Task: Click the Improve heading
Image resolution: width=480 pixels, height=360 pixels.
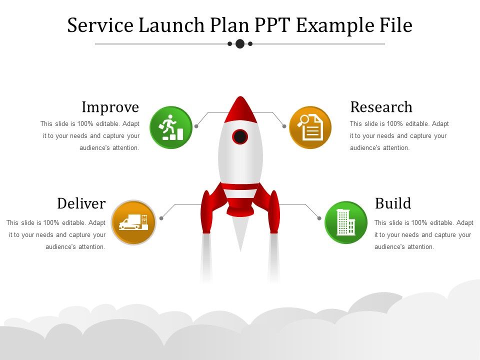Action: (110, 107)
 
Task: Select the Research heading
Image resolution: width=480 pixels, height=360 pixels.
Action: (381, 107)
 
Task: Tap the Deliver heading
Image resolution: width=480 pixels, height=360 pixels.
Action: (81, 203)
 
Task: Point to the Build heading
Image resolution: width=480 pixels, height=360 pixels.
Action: (393, 203)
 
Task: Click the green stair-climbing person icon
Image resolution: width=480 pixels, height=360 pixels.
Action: (171, 127)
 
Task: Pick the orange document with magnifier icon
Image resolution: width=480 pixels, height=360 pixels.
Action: (310, 127)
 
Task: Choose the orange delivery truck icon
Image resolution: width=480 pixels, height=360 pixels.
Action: (133, 222)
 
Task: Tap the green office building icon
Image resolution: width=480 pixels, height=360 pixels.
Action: (346, 222)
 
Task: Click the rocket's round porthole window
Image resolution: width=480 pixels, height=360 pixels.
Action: (240, 136)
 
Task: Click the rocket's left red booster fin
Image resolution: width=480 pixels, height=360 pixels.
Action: (206, 210)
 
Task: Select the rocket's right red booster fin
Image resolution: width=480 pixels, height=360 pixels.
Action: (274, 210)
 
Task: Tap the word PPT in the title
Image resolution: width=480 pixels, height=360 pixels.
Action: (274, 25)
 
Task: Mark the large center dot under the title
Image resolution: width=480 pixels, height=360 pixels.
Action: (240, 43)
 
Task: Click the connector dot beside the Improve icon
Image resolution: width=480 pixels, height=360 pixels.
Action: (196, 126)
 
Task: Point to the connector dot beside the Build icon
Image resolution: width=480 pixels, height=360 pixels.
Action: (319, 218)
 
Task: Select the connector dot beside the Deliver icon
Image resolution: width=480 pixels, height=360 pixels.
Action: (161, 218)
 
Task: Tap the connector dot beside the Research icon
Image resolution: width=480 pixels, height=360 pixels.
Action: (284, 126)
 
